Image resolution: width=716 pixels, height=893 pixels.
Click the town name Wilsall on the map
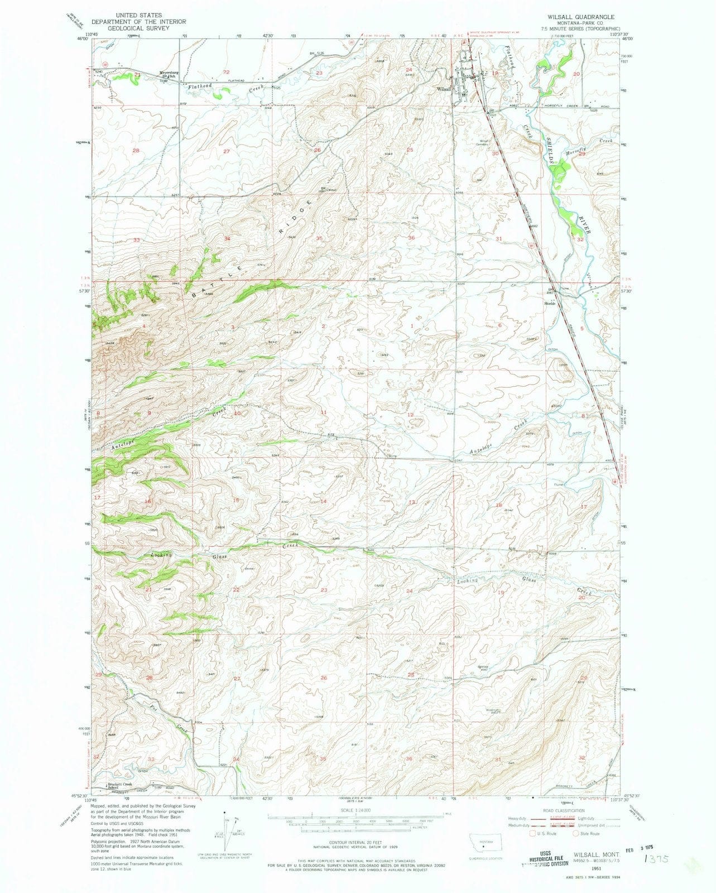[x=444, y=88]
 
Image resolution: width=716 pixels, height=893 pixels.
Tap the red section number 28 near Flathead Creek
[x=135, y=151]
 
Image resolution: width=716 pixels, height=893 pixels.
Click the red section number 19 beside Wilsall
[x=494, y=73]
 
